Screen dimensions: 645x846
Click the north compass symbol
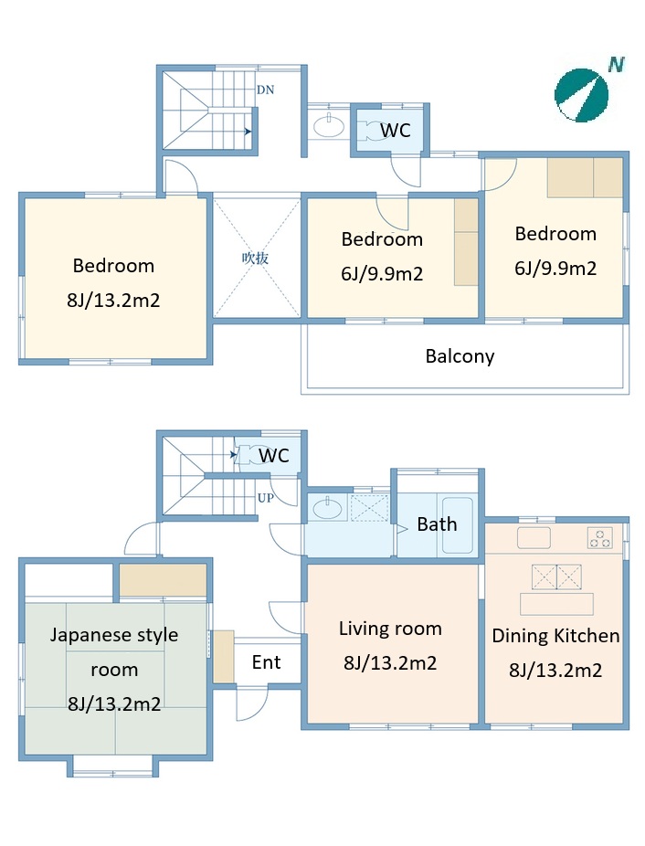coord(581,95)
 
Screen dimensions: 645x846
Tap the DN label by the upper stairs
coord(265,90)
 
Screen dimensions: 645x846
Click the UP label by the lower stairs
coord(265,498)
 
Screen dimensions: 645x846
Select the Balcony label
coord(460,356)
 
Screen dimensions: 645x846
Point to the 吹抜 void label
coord(255,258)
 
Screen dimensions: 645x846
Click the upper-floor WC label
coord(395,130)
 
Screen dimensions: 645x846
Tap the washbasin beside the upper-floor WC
coord(329,127)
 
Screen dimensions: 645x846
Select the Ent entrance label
coord(266,662)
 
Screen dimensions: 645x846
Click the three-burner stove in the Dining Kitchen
coord(599,538)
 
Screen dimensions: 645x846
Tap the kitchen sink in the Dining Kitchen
coord(534,538)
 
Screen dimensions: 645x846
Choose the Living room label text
coord(390,629)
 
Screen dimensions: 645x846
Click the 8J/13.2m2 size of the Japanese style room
coord(114,704)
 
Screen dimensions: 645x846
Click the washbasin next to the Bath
coord(327,508)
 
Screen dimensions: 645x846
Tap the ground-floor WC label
coord(274,455)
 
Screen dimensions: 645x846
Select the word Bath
coord(437,523)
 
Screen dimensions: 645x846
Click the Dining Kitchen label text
coord(555,636)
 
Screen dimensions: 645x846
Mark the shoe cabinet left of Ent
coord(223,656)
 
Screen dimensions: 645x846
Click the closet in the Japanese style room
coord(163,580)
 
